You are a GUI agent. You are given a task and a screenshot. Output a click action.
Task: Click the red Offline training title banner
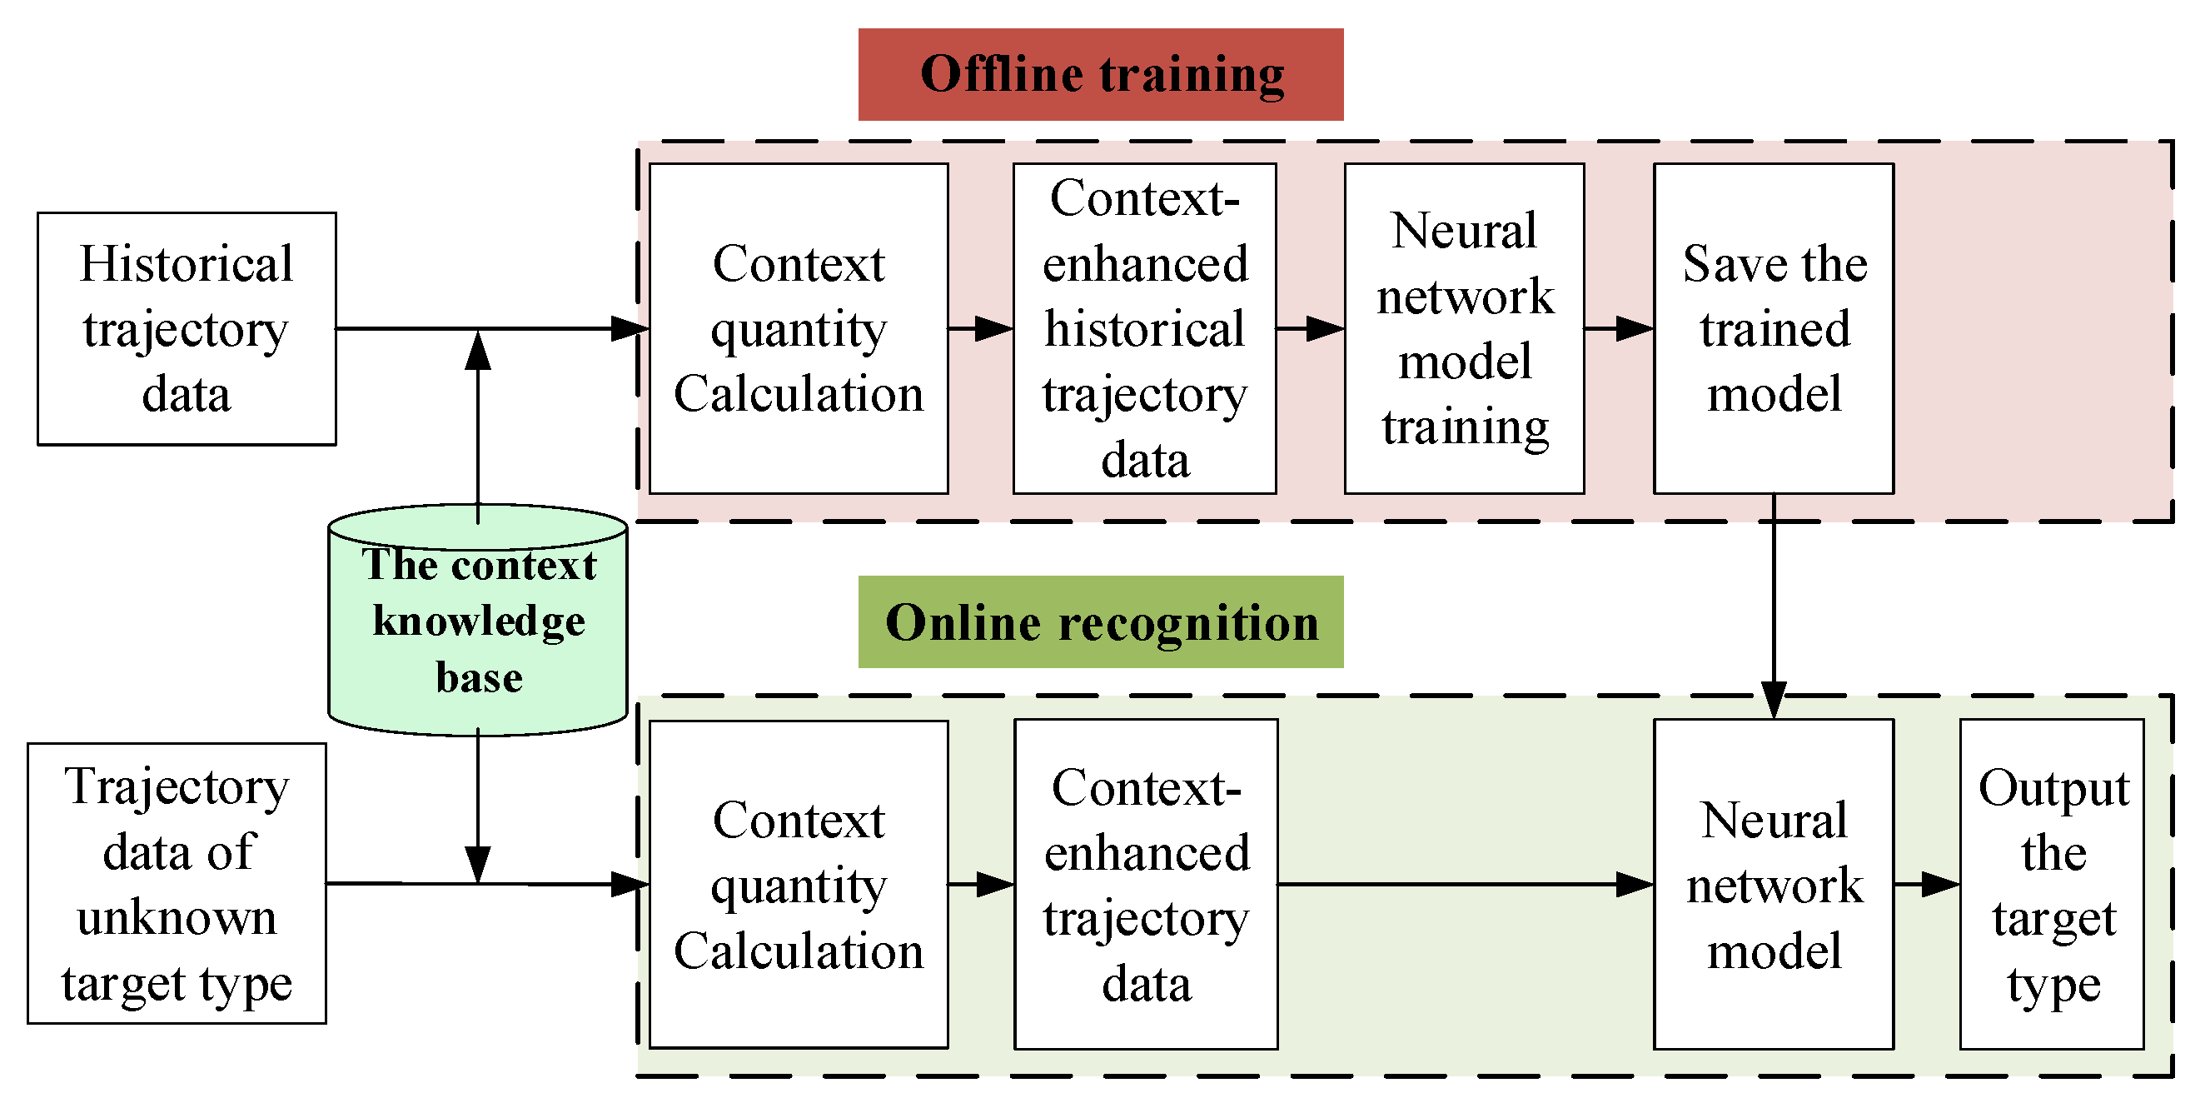click(1100, 74)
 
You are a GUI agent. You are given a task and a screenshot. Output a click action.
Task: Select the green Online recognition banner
click(1100, 621)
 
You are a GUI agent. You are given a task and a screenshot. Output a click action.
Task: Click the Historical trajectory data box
click(187, 329)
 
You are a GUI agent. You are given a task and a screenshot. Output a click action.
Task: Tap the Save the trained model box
click(1773, 329)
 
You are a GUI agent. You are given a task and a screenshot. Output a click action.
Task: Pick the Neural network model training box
click(1464, 329)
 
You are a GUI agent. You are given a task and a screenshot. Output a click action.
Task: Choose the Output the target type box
click(2051, 884)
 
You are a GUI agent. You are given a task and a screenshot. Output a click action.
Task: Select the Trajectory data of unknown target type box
click(177, 883)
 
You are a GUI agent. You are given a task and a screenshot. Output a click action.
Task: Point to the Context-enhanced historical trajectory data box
click(1143, 329)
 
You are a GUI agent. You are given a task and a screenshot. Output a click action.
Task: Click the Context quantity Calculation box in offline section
click(798, 329)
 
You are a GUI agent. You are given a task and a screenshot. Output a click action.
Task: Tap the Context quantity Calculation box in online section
click(798, 884)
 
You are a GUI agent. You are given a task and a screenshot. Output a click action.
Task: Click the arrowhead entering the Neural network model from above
click(1774, 700)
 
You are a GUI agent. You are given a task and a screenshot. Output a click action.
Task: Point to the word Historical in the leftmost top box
click(187, 263)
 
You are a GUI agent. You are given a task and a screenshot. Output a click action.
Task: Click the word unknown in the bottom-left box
click(177, 917)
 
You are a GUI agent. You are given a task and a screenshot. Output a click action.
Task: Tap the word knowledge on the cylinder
click(479, 621)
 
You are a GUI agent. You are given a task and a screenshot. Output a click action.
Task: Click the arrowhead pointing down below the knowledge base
click(478, 863)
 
